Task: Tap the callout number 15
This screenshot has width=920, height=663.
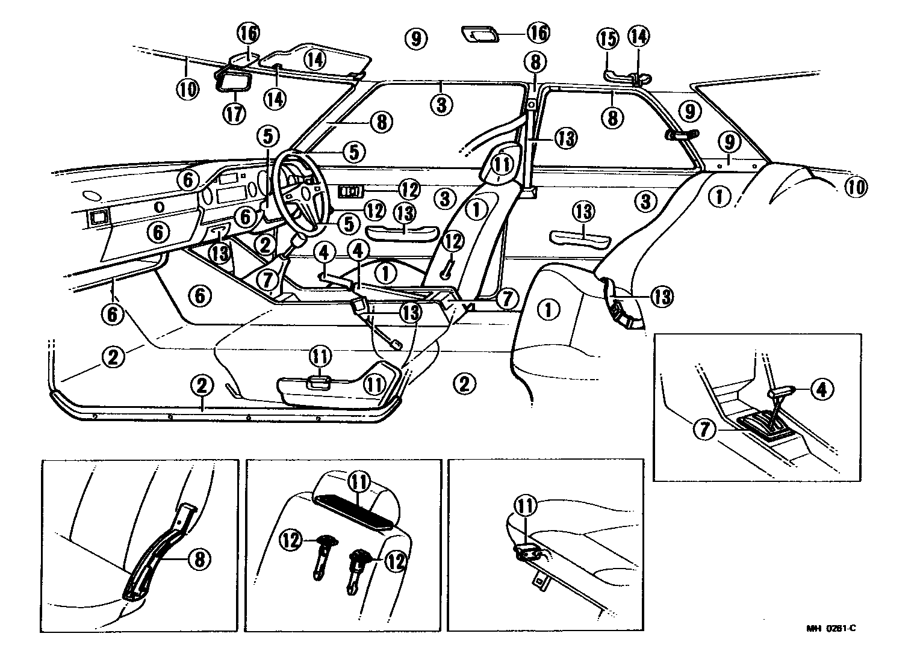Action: [x=608, y=39]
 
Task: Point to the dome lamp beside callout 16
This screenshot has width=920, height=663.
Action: [x=480, y=34]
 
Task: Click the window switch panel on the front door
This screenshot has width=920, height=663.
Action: [x=350, y=191]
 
